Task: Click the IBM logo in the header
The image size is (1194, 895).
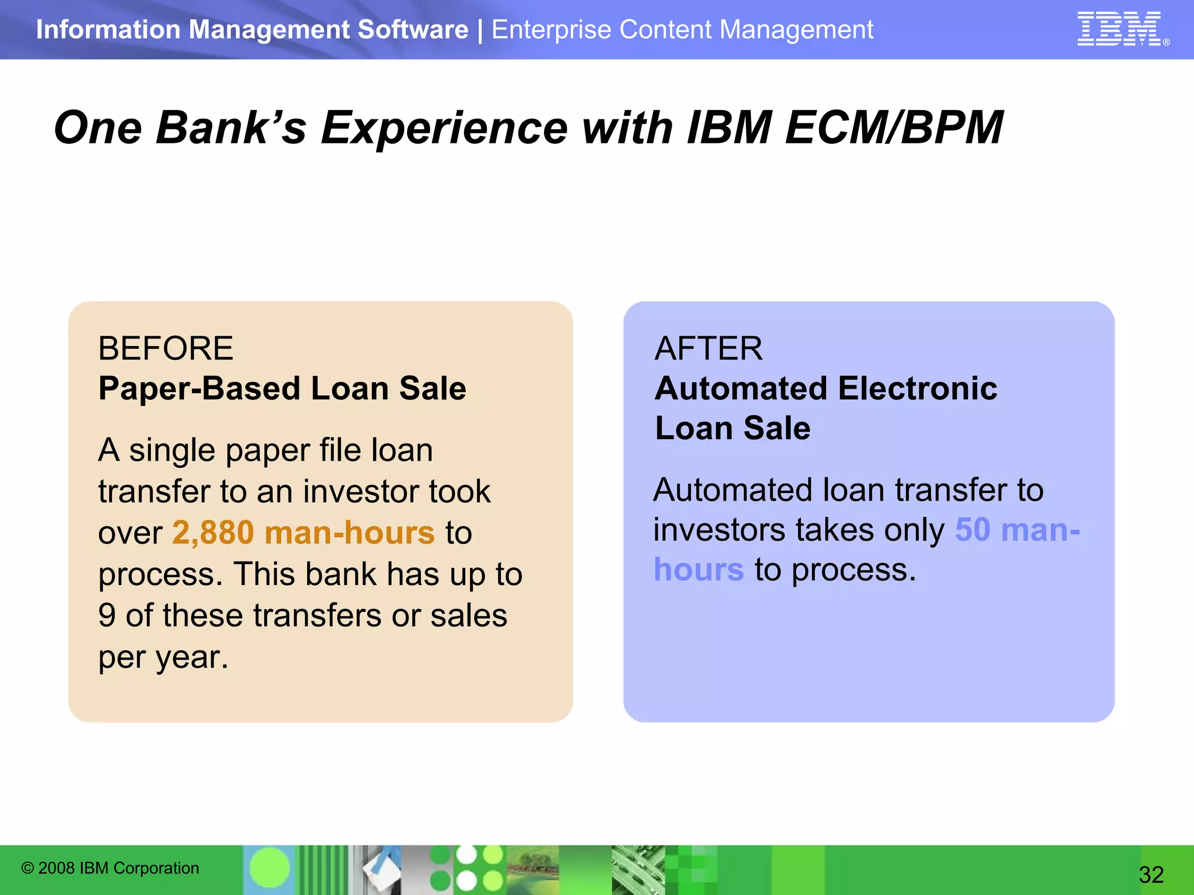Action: [1119, 29]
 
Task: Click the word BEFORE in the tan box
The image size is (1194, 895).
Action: [166, 348]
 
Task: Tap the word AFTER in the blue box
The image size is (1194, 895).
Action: [708, 348]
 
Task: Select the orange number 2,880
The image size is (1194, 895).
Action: [213, 533]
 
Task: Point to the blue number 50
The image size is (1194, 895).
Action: [972, 530]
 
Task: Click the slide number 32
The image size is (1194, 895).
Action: [1151, 874]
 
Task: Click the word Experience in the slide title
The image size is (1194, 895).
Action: [444, 128]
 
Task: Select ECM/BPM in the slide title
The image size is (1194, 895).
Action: [893, 128]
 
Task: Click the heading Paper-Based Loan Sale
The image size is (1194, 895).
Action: [282, 389]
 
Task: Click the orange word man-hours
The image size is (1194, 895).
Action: [349, 533]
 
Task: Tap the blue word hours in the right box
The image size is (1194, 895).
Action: [698, 570]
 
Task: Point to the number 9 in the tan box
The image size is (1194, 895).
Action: [107, 616]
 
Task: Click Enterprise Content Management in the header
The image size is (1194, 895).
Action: [682, 30]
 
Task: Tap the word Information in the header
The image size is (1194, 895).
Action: [108, 30]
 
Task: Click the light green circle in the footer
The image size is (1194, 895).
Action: [269, 868]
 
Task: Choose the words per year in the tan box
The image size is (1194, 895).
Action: [163, 657]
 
